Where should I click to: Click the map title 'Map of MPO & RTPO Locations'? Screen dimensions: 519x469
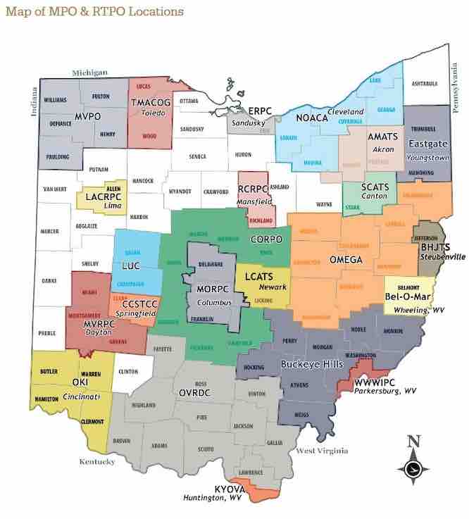(94, 11)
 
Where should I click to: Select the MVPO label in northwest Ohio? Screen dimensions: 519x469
(90, 117)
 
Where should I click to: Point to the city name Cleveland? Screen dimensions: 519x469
(346, 112)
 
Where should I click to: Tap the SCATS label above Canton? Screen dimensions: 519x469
(374, 187)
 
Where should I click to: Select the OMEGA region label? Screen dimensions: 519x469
(346, 260)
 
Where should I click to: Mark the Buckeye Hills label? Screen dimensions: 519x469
(311, 364)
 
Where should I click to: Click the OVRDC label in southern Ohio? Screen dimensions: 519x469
(197, 390)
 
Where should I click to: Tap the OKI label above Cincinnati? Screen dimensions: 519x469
(70, 382)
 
